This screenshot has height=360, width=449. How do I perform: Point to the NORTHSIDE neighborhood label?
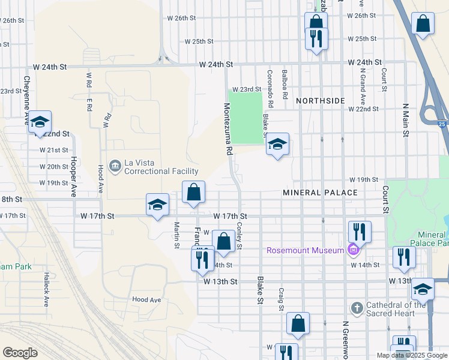(x=320, y=100)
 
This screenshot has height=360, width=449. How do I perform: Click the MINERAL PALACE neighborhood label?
(x=320, y=193)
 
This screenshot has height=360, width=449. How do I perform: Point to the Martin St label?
(x=177, y=235)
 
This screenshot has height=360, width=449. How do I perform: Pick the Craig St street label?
(x=280, y=299)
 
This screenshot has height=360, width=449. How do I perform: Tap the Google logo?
(x=20, y=353)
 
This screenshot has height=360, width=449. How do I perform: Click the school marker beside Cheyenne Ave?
(x=40, y=122)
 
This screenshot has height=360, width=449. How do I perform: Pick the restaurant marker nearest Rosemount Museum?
(x=360, y=232)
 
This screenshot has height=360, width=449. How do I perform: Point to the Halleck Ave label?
(x=46, y=289)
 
